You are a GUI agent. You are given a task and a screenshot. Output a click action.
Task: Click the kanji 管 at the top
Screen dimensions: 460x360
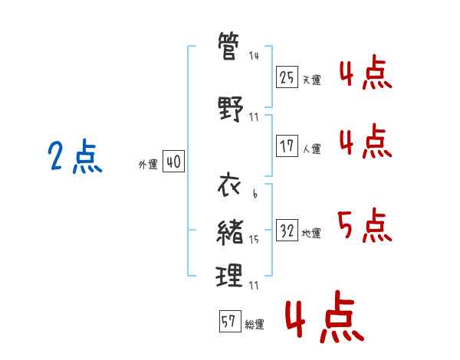pos(228,46)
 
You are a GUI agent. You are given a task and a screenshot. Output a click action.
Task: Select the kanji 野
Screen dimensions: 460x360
pos(231,109)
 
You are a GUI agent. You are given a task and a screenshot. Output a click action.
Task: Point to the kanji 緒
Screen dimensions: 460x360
pos(230,232)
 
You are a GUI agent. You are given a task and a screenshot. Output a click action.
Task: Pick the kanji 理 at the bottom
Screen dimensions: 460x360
pos(229,275)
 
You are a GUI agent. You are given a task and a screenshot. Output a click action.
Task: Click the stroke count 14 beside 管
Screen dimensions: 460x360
pos(254,56)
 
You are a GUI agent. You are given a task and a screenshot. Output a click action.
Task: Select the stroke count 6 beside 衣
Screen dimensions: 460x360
pos(255,193)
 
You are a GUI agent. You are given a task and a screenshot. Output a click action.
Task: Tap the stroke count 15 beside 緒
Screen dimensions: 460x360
pos(254,240)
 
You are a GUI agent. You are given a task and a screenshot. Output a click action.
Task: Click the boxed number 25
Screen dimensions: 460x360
pos(287,77)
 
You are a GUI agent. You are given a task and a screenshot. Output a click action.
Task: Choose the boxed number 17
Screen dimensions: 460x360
pos(287,146)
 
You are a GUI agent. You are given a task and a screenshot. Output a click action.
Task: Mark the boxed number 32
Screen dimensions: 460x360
pos(287,230)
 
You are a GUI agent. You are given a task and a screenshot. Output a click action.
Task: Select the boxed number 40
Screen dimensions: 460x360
pos(174,162)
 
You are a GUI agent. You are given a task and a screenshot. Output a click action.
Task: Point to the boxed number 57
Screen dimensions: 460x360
pos(230,321)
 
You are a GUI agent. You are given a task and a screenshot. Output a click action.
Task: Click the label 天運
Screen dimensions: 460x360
pos(311,80)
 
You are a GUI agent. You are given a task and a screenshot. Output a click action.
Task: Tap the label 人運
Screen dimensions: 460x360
pos(311,149)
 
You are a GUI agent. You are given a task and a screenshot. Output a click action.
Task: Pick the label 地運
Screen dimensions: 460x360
pos(311,234)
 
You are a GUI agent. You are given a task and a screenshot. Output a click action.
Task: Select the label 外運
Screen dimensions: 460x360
pos(148,165)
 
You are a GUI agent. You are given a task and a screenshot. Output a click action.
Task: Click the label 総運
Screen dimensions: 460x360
pos(255,325)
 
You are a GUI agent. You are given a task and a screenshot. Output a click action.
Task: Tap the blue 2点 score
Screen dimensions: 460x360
pos(75,156)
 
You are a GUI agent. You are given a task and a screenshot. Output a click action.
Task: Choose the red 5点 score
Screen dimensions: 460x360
pos(365,225)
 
